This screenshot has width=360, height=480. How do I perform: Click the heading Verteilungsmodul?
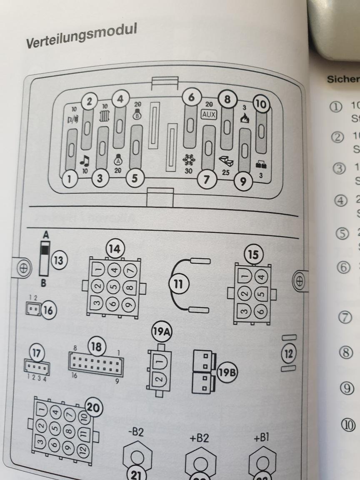(x=82, y=36)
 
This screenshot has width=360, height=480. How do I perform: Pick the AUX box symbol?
(x=209, y=114)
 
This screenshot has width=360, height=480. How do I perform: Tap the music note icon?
(x=85, y=160)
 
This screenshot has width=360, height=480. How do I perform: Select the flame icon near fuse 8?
(x=245, y=120)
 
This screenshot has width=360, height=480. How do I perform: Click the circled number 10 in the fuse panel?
(x=262, y=104)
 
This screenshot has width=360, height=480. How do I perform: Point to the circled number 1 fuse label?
(x=70, y=180)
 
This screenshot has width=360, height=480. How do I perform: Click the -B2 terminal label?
(x=136, y=432)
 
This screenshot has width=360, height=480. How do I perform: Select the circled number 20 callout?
(x=93, y=406)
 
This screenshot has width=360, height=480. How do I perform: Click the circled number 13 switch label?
(x=58, y=261)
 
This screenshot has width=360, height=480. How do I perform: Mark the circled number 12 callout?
(x=288, y=354)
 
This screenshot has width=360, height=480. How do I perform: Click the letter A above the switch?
(x=46, y=235)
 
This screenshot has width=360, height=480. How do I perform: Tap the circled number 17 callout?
(x=36, y=352)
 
